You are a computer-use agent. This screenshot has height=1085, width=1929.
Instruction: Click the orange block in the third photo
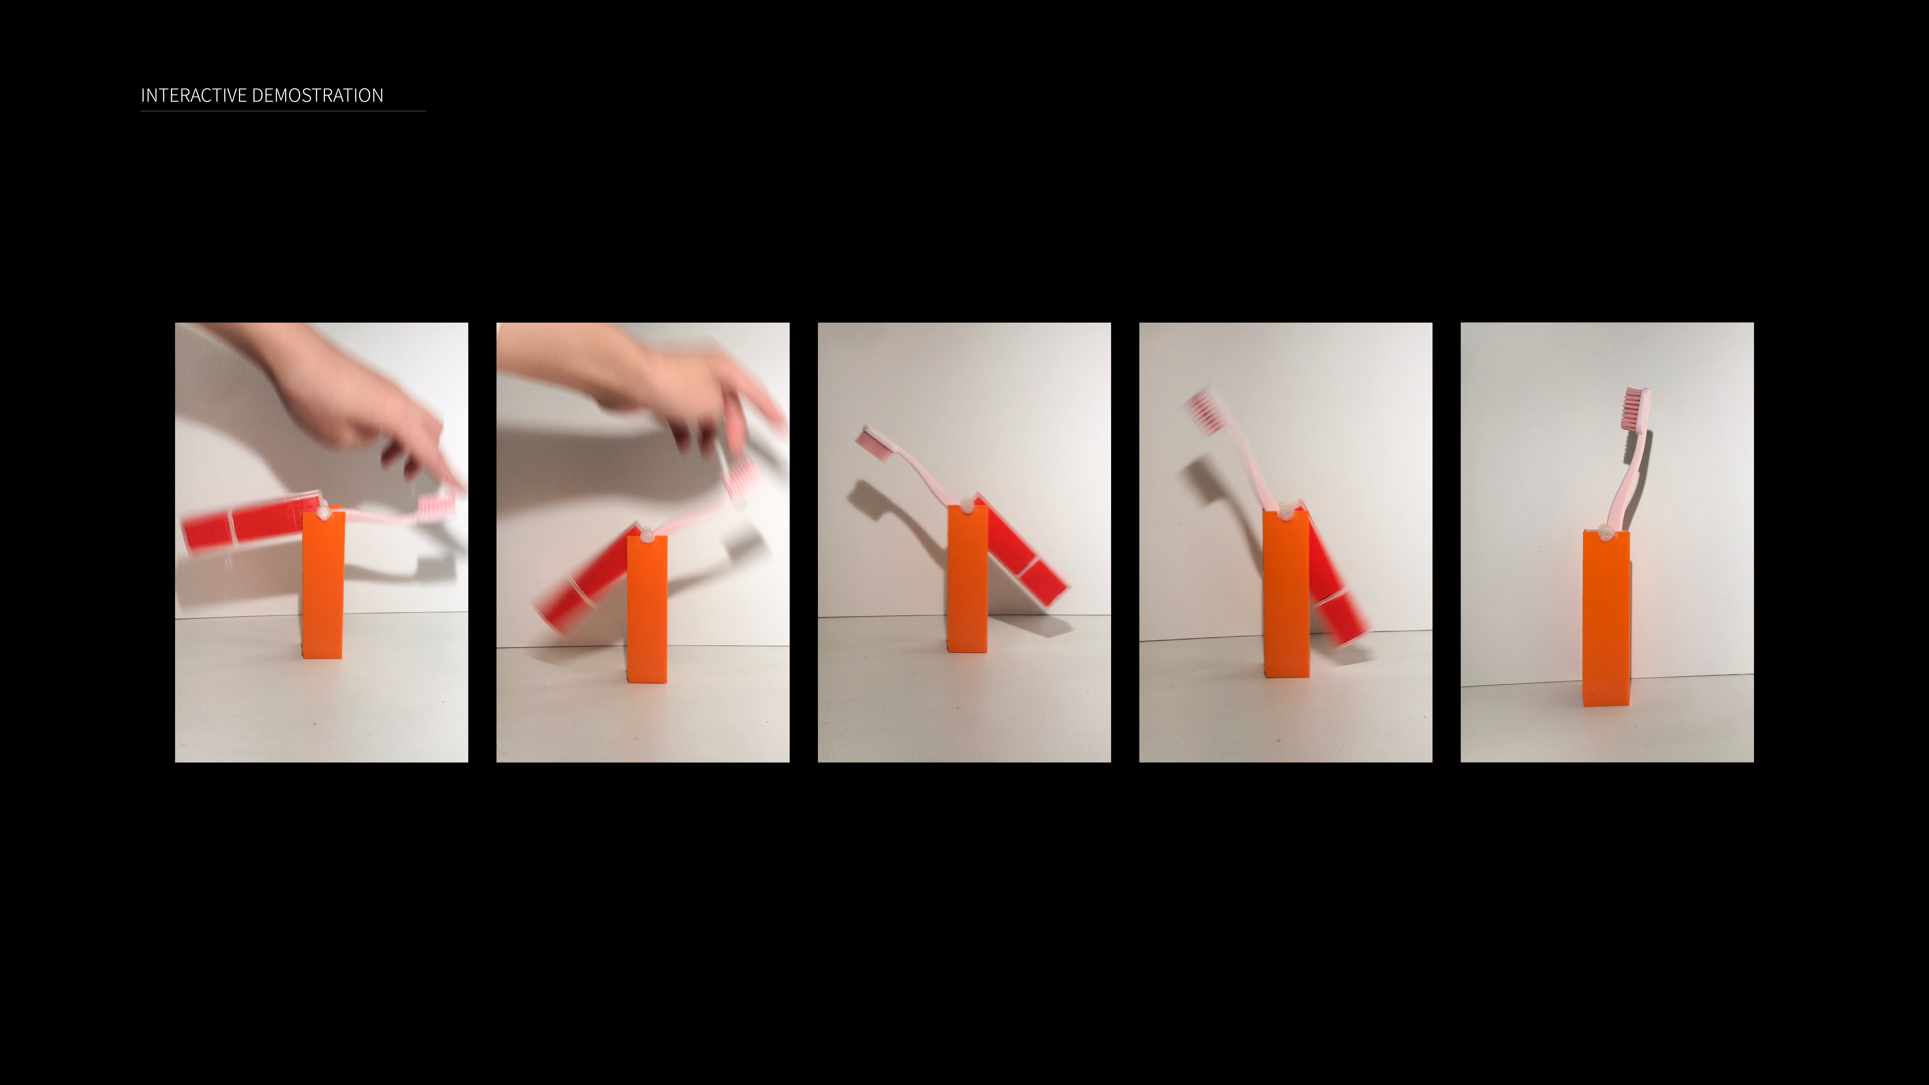pos(967,578)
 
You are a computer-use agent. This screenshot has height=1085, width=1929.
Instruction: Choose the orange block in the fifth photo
pos(1606,618)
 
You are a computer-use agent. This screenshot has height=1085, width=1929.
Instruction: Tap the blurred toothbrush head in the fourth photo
pos(1206,412)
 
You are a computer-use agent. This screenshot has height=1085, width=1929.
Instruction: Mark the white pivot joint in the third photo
pos(967,504)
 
